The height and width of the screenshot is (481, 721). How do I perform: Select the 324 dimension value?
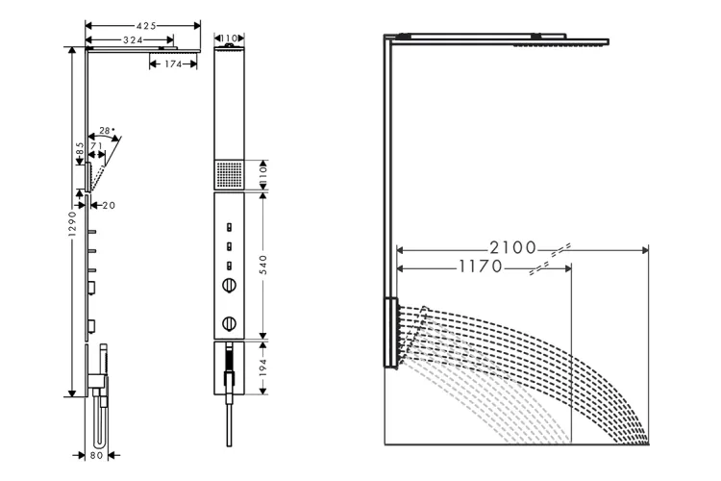pyautogui.click(x=133, y=40)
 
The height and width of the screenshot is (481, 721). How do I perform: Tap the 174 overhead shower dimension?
pyautogui.click(x=173, y=64)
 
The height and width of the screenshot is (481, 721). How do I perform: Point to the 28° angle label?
pyautogui.click(x=107, y=131)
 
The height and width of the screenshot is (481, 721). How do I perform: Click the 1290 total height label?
pyautogui.click(x=72, y=224)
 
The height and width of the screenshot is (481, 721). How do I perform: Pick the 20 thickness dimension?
pyautogui.click(x=109, y=205)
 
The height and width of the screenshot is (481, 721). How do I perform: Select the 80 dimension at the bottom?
pyautogui.click(x=96, y=455)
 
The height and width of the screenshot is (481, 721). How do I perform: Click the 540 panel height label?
pyautogui.click(x=263, y=265)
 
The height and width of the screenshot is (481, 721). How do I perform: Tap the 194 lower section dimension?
pyautogui.click(x=263, y=367)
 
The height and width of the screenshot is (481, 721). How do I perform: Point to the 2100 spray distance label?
pyautogui.click(x=512, y=248)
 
